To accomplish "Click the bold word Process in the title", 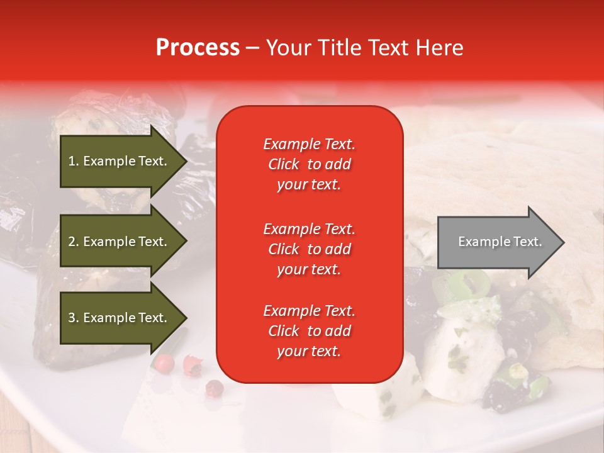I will [198, 48].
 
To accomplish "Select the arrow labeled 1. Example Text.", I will [120, 161].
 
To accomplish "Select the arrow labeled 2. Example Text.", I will [120, 242].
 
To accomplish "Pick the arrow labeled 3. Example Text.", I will [120, 318].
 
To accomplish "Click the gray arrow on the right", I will [497, 242].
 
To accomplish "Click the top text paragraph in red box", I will [309, 164].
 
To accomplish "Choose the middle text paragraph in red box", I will [309, 249].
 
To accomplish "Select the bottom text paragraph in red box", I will [309, 331].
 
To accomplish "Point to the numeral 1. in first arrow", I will [74, 161].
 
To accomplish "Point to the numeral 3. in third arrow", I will [74, 318].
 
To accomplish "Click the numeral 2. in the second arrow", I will [74, 242].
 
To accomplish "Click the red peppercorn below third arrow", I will [164, 362].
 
